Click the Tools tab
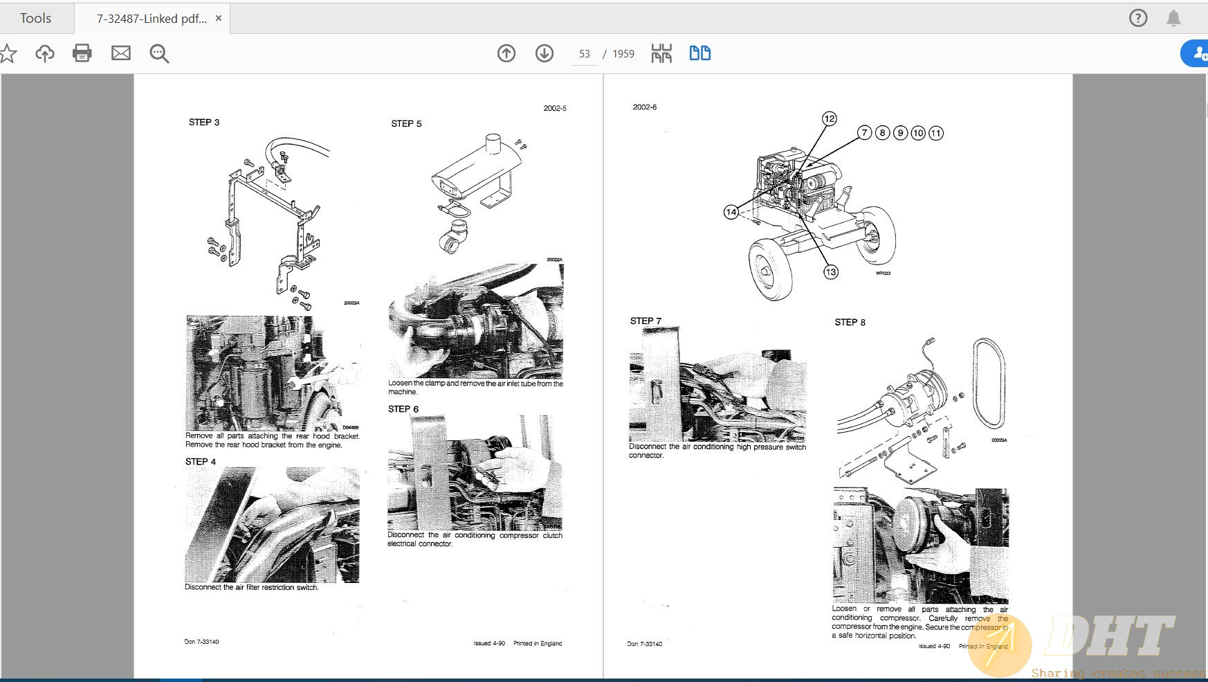click(x=35, y=19)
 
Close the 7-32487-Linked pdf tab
click(x=219, y=19)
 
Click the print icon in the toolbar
click(x=82, y=53)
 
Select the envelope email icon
click(x=121, y=53)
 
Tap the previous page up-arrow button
click(x=506, y=53)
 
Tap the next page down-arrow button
click(x=544, y=53)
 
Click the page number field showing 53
click(x=585, y=54)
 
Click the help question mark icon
click(x=1138, y=18)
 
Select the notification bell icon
click(x=1173, y=18)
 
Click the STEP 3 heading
click(x=204, y=123)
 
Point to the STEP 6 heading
click(x=403, y=409)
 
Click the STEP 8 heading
click(x=850, y=323)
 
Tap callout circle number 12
click(x=830, y=119)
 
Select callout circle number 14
click(x=731, y=212)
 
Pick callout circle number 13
click(x=831, y=272)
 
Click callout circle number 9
click(x=900, y=133)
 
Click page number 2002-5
click(x=555, y=109)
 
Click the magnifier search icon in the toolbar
click(x=159, y=53)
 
